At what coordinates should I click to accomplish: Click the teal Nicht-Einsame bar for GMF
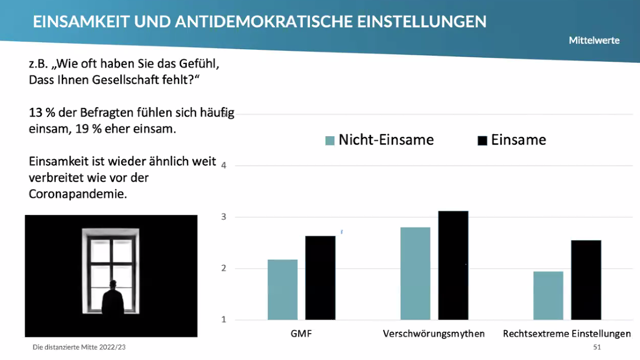[x=282, y=289]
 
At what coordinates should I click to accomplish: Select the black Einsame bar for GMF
[x=320, y=278]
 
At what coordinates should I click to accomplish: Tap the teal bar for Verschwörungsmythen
[x=415, y=273]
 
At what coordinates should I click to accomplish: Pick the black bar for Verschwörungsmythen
[x=453, y=265]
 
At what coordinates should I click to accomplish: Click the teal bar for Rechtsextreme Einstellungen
[x=548, y=295]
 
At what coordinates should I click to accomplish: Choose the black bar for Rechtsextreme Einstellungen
[x=586, y=280]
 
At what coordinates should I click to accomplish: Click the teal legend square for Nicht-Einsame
[x=330, y=141]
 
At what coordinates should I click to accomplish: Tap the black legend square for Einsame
[x=482, y=141]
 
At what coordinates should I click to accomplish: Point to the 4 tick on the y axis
[x=224, y=165]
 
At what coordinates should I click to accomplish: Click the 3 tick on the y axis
[x=224, y=217]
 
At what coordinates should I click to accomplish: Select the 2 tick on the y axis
[x=224, y=269]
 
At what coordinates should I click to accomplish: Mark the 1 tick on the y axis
[x=224, y=320]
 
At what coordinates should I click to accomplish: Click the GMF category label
[x=301, y=334]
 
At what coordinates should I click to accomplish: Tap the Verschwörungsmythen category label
[x=434, y=334]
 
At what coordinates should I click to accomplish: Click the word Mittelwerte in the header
[x=594, y=40]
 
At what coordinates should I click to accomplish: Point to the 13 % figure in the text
[x=40, y=113]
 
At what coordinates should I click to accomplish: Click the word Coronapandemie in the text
[x=78, y=194]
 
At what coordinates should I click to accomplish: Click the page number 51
[x=597, y=347]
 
